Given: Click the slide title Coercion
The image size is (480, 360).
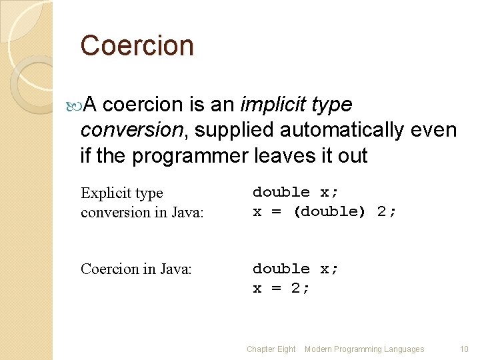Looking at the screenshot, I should pyautogui.click(x=137, y=46).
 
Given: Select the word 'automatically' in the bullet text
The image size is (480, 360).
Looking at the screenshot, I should pyautogui.click(x=323, y=130).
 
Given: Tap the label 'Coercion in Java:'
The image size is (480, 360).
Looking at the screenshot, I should pyautogui.click(x=136, y=269).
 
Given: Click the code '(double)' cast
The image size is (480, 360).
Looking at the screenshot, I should pyautogui.click(x=329, y=212).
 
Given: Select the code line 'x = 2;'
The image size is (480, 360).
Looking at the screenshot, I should pyautogui.click(x=281, y=288).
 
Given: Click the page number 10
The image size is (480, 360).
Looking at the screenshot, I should pyautogui.click(x=464, y=349).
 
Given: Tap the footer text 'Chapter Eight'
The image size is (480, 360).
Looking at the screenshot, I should pyautogui.click(x=271, y=349).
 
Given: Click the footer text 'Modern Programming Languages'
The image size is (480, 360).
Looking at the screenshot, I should pyautogui.click(x=364, y=349).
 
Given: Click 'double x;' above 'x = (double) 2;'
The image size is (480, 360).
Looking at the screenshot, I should pyautogui.click(x=295, y=193).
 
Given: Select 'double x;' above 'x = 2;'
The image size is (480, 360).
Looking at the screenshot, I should pyautogui.click(x=295, y=269).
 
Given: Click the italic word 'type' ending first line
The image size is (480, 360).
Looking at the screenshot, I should pyautogui.click(x=331, y=105).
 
